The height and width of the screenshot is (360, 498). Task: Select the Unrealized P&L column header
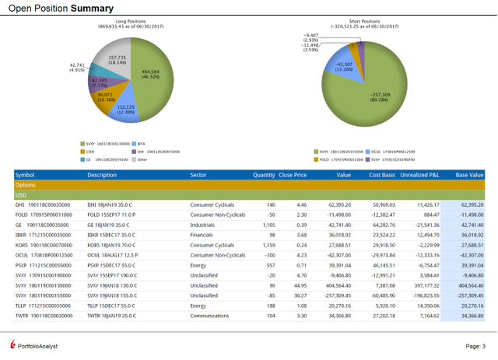click(419, 175)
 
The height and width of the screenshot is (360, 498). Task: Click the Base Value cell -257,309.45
click(467, 295)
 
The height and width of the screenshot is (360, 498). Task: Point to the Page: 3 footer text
click(475, 346)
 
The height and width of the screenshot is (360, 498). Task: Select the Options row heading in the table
click(26, 185)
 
